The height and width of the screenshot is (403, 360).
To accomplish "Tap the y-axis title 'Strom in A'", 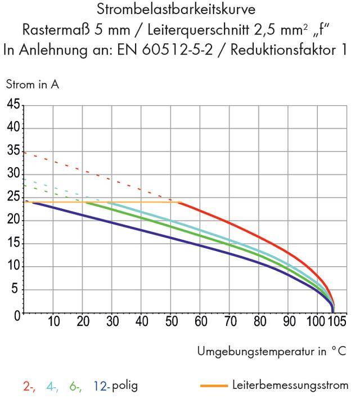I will pyautogui.click(x=32, y=85).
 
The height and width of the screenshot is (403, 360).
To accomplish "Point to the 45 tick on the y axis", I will pyautogui.click(x=13, y=105).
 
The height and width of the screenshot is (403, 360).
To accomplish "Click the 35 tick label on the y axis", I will pyautogui.click(x=13, y=151).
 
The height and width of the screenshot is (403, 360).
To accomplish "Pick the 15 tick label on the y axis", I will pyautogui.click(x=13, y=244).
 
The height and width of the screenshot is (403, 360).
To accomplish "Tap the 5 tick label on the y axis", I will pyautogui.click(x=16, y=290).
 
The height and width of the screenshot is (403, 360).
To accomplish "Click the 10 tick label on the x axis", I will pyautogui.click(x=53, y=322).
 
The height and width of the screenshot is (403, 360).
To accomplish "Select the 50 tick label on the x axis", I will pyautogui.click(x=171, y=322).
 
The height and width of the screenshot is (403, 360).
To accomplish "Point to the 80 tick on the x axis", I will pyautogui.click(x=259, y=322).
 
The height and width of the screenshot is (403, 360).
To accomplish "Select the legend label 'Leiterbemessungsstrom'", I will pyautogui.click(x=290, y=386).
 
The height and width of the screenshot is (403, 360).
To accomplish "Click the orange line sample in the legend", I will pyautogui.click(x=214, y=386).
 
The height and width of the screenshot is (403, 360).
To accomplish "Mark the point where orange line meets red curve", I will pyautogui.click(x=180, y=202).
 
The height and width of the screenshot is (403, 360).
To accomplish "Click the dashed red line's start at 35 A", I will pyautogui.click(x=24, y=152).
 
